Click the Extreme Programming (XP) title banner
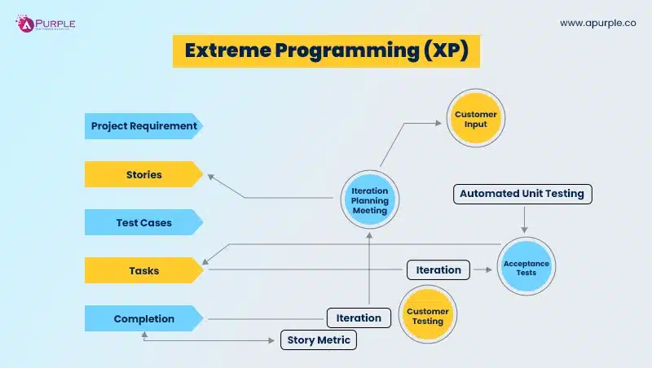pos(326,50)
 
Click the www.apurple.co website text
pos(597,24)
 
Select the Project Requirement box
pos(143,126)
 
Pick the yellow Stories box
pos(143,174)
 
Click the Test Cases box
pos(143,222)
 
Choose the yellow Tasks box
pos(143,270)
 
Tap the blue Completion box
pos(143,318)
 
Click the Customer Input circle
pos(476,119)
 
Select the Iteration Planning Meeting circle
pos(369,199)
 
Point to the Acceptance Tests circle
pos(526,266)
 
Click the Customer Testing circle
pos(427,315)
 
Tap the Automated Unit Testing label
pos(522,194)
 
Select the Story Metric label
pos(319,340)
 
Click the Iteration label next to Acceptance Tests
pos(438,269)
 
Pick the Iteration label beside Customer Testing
pos(359,318)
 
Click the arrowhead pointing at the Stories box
pos(209,175)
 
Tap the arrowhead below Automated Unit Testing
pos(524,229)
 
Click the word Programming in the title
pos(346,50)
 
